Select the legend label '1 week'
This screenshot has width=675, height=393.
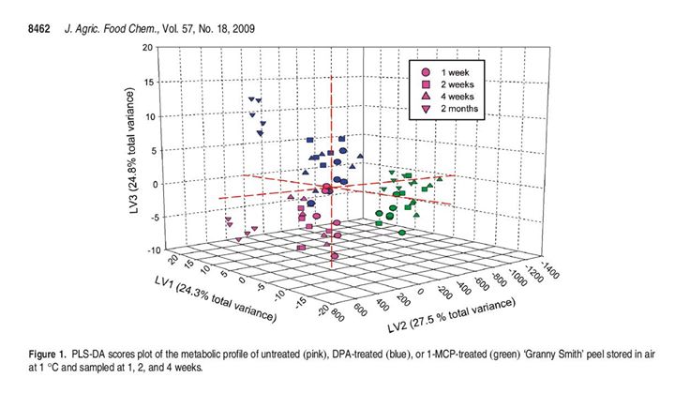459,72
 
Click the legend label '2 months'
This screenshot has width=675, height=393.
464,109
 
